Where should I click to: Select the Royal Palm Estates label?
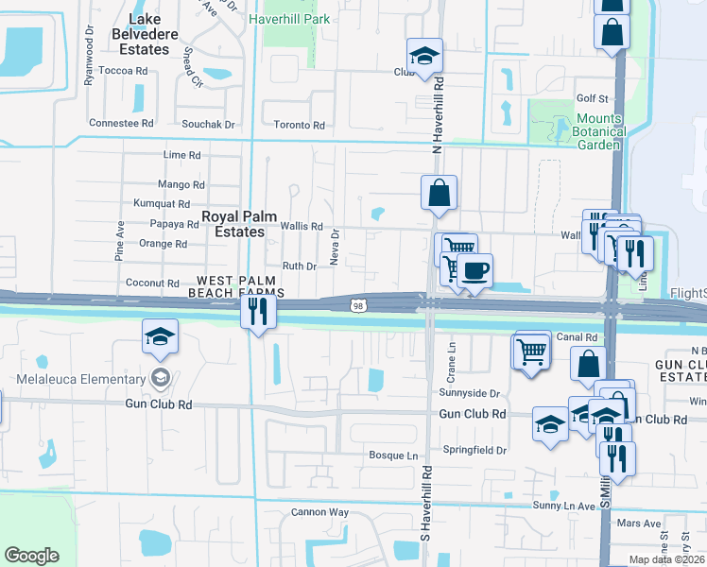233,224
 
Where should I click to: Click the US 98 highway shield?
357,305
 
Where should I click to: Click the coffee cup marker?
474,271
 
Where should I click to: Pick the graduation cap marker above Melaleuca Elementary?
161,336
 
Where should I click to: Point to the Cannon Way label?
319,513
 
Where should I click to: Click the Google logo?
32,556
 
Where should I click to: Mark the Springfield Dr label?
476,452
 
